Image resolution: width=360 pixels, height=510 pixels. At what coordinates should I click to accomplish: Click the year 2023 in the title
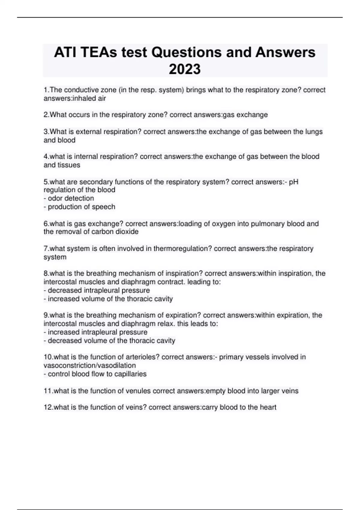click(x=184, y=69)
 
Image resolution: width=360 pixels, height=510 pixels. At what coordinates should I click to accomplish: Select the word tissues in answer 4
click(x=69, y=165)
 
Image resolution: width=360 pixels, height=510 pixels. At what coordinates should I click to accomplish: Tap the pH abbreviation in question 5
click(x=293, y=182)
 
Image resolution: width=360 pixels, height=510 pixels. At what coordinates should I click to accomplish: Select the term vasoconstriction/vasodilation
click(x=90, y=365)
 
